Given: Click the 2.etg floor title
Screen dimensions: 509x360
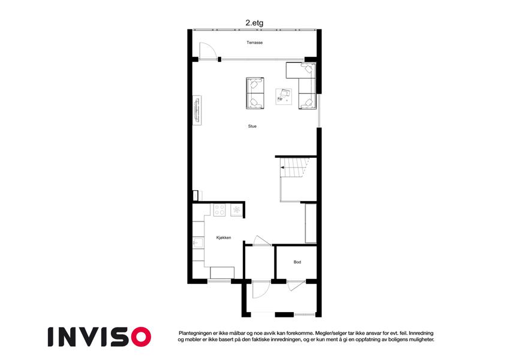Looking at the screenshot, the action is pos(254,23).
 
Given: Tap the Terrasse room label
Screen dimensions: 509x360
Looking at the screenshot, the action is pos(254,43).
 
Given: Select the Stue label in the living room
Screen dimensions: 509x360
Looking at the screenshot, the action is pos(252,126).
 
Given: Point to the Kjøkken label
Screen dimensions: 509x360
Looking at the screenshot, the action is pos(224,238).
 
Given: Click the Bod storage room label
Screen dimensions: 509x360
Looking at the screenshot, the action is pos(297,262).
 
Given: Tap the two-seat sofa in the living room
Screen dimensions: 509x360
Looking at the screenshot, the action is pos(255,93).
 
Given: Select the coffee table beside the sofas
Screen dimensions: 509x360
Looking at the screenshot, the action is pos(284,97).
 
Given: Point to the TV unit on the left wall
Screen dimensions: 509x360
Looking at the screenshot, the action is pos(197,110).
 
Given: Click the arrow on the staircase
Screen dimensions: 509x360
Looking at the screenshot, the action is pos(283,167).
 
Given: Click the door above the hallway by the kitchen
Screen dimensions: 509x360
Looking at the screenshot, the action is pos(262,240).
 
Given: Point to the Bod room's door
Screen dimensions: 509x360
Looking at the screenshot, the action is pos(296,285).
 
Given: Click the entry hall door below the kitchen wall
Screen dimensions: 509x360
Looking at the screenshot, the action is pos(261,289).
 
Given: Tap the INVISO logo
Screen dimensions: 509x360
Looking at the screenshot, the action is pos(100,337).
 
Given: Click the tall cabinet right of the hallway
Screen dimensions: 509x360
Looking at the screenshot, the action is pos(311,223).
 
